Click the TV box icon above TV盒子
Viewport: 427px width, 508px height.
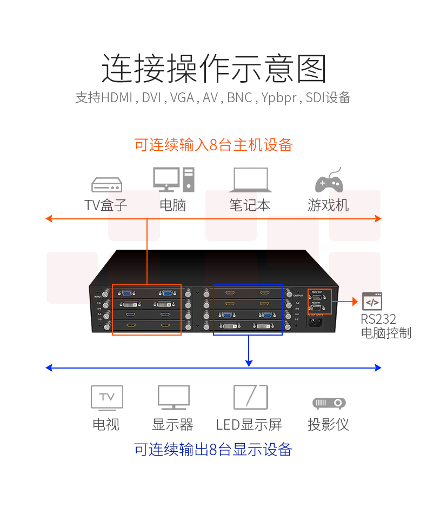pos(106,185)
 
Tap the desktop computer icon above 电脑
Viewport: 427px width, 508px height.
pos(173,179)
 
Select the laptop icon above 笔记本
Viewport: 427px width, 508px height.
pos(250,180)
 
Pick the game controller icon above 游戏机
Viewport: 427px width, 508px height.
pos(329,181)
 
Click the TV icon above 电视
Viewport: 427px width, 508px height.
pos(106,397)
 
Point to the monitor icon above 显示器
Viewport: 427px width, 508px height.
pos(174,398)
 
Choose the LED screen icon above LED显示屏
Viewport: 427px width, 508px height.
pos(250,397)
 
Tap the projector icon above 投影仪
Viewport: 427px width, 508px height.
pos(329,403)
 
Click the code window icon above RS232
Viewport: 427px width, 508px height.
pos(372,301)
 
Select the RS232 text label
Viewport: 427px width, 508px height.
pos(378,319)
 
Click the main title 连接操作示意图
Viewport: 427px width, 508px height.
pos(214,68)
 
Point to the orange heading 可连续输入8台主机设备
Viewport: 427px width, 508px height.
pos(213,145)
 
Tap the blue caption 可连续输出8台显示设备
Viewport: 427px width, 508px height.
pos(213,449)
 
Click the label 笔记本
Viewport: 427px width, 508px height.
pos(250,205)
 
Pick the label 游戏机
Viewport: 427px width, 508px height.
pos(329,205)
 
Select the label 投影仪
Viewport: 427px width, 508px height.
pos(329,424)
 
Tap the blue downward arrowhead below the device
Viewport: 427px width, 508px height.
pos(248,362)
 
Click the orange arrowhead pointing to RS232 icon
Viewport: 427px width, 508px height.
pos(354,300)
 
